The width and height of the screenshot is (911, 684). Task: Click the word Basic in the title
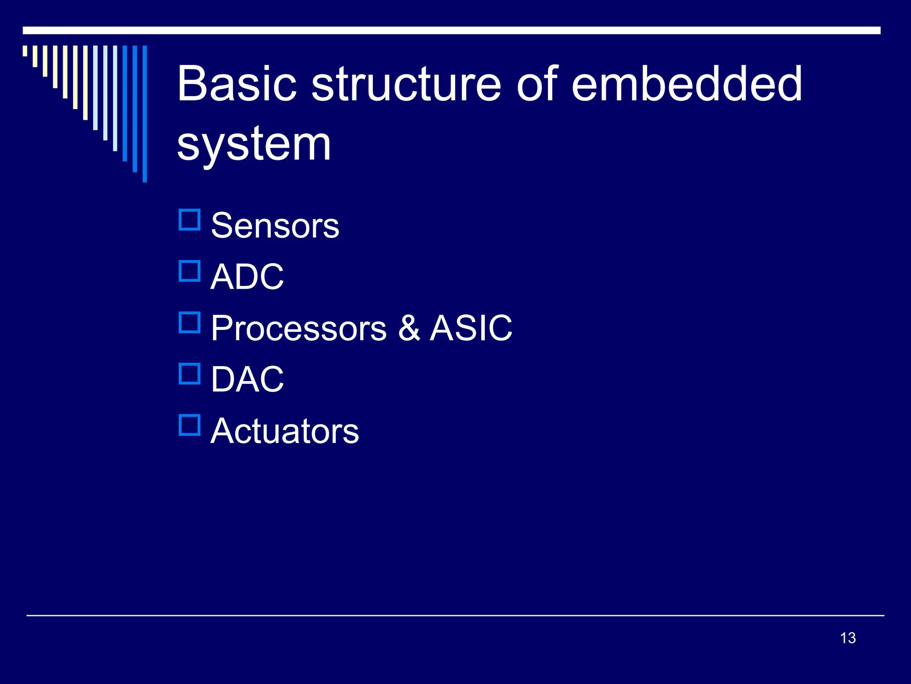(237, 84)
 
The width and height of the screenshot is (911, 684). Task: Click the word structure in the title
(407, 84)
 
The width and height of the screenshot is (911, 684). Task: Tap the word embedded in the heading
(686, 84)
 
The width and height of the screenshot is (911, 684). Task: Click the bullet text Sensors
(274, 226)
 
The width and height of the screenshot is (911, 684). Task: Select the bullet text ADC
(247, 277)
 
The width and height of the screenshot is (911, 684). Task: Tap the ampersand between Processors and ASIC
(409, 328)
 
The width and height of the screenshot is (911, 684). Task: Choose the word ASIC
(471, 328)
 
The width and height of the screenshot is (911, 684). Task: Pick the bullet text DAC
(247, 379)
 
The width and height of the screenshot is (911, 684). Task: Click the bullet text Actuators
(284, 431)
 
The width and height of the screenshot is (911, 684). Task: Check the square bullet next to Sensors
(189, 220)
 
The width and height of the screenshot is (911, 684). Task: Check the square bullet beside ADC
(189, 271)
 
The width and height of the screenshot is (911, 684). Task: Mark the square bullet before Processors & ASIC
(189, 323)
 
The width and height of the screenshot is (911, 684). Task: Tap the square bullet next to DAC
(189, 374)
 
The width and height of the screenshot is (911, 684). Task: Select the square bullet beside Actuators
(189, 425)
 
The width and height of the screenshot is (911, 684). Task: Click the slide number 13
(848, 638)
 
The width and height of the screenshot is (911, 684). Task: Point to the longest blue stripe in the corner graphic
(145, 114)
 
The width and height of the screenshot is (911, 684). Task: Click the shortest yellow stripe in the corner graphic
(25, 51)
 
